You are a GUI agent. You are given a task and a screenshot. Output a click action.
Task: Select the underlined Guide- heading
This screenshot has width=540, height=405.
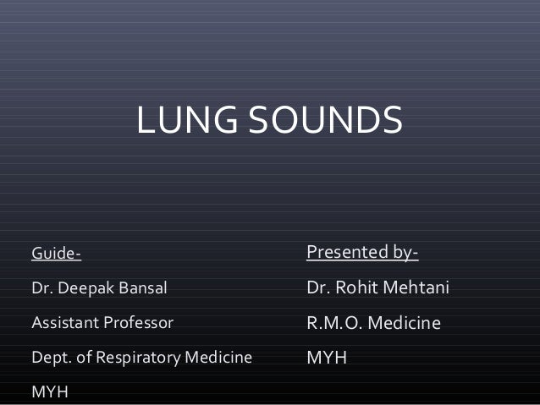56,254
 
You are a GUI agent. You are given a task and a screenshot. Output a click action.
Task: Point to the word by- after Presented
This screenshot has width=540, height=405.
403,252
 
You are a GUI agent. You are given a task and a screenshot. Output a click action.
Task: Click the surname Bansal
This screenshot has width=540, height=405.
144,288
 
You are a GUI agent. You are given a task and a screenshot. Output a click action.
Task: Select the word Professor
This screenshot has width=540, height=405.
137,322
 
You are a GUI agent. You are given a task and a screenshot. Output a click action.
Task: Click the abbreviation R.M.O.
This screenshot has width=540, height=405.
333,323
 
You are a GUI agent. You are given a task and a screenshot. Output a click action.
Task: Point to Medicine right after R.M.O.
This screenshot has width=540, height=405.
405,323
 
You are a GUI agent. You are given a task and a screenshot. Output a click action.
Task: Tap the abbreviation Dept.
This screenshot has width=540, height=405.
48,357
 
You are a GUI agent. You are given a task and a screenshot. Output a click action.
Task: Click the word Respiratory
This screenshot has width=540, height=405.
135,358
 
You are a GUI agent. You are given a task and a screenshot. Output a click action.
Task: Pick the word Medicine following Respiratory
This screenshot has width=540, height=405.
218,357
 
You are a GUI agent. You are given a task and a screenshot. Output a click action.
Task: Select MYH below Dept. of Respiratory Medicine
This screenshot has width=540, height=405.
50,392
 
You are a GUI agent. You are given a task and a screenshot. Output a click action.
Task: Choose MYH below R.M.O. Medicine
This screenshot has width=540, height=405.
327,358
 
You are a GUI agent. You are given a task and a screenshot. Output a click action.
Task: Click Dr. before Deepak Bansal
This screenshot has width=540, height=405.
41,288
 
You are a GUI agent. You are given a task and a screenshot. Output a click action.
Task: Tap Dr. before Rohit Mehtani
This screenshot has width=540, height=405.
318,288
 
